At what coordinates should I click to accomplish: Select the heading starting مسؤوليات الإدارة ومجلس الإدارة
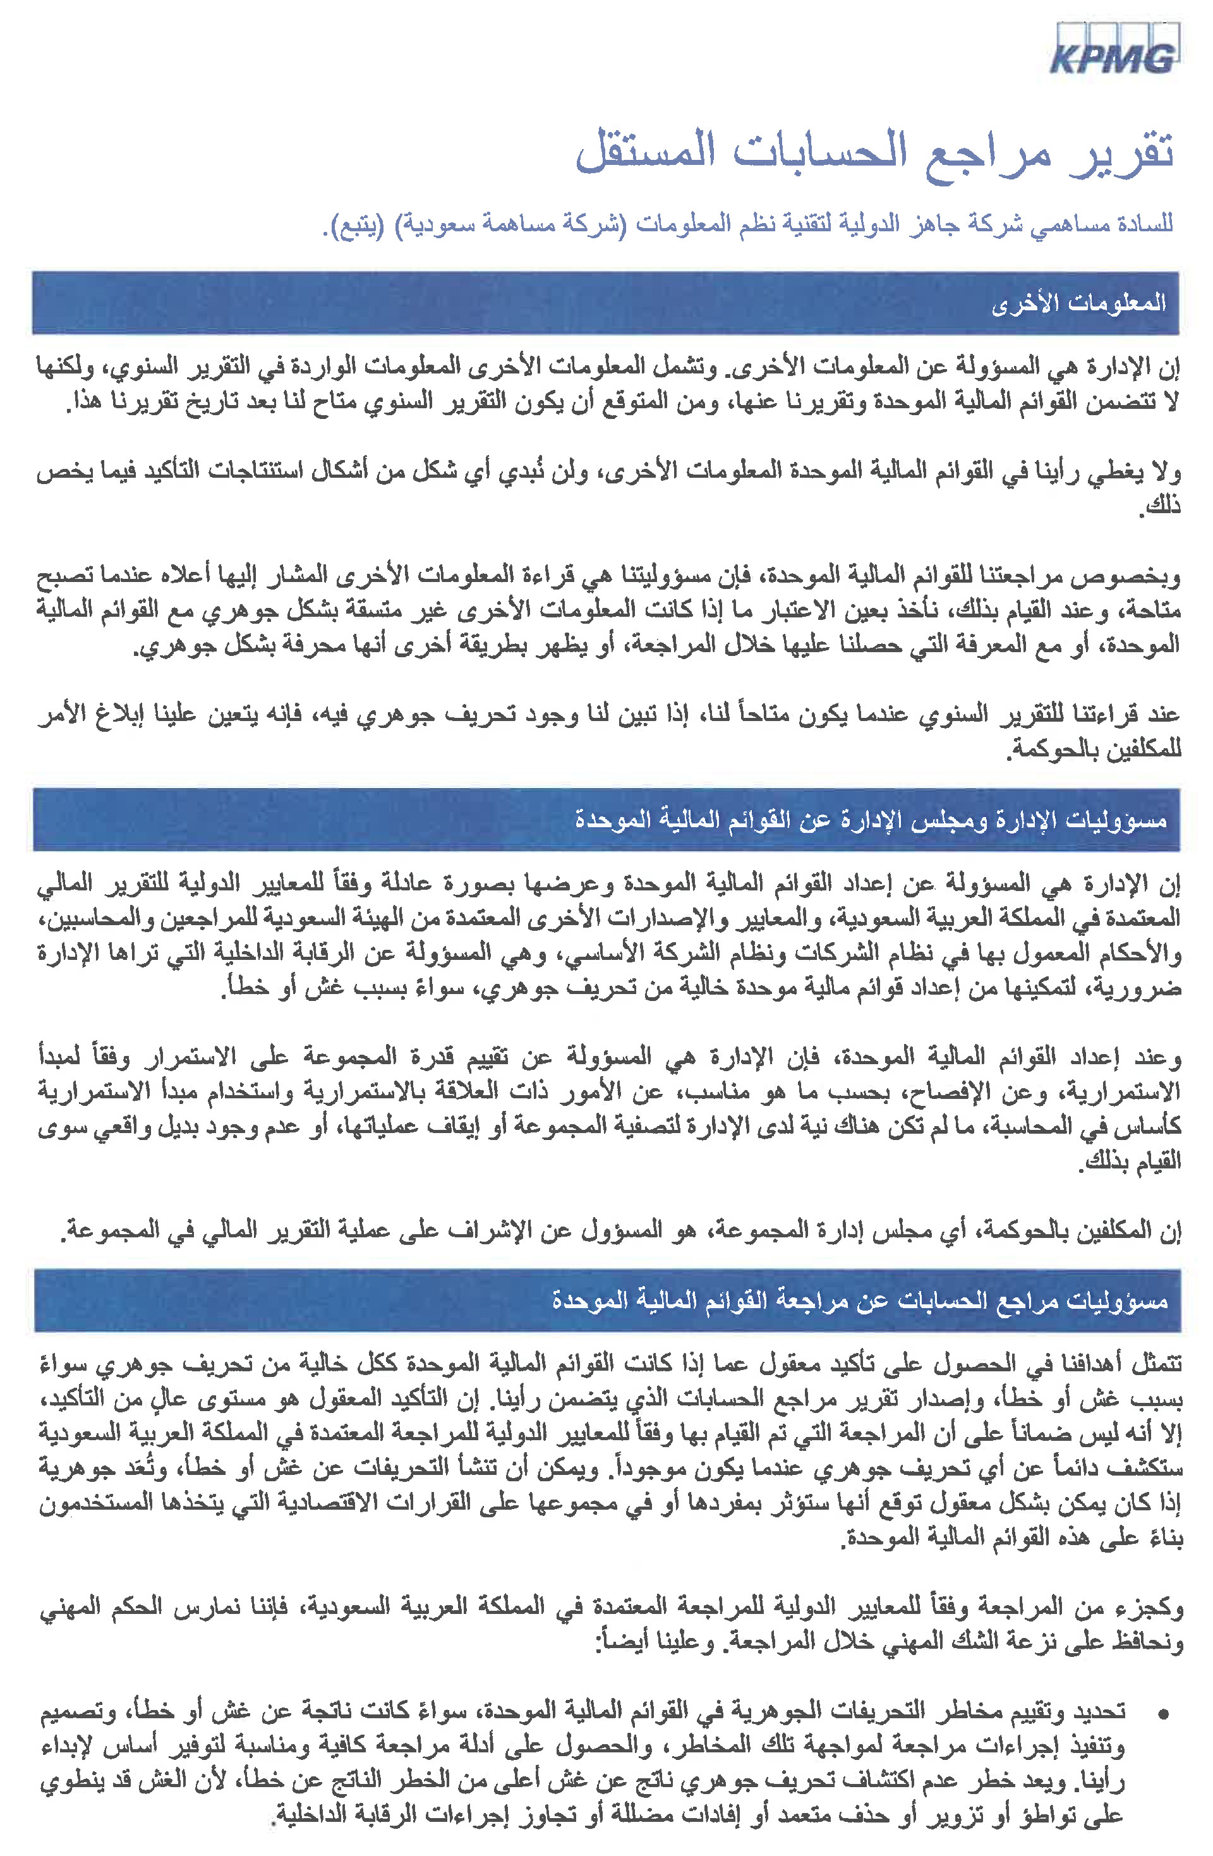click(x=871, y=820)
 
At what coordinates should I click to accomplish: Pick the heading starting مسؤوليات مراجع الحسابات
click(x=860, y=1300)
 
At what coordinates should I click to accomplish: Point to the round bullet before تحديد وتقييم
click(x=1164, y=1714)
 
